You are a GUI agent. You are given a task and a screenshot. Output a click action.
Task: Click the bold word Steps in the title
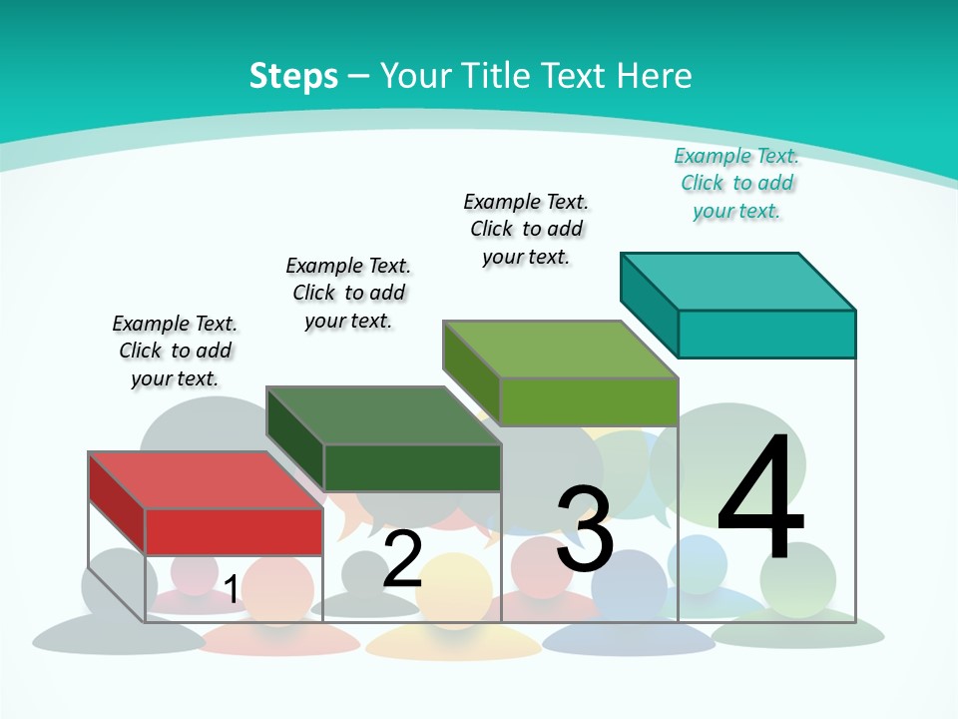[293, 76]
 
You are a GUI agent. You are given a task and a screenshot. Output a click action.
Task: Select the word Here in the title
[654, 76]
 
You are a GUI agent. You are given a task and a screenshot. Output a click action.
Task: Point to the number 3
[585, 529]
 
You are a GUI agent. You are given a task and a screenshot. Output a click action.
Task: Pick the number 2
[403, 559]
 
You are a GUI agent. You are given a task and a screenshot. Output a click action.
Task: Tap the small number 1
[231, 590]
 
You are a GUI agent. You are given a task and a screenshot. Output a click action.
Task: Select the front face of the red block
[234, 531]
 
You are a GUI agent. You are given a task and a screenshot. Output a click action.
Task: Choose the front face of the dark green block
[412, 467]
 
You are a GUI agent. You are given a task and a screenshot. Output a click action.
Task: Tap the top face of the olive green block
[560, 350]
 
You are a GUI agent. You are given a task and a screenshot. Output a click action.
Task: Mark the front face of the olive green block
[589, 401]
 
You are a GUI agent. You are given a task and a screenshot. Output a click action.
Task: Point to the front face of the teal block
[766, 334]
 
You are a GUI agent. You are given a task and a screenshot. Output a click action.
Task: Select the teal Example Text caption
[736, 184]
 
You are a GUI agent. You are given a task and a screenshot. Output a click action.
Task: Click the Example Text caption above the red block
[175, 351]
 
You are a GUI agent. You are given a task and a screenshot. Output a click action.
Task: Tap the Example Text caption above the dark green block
[348, 293]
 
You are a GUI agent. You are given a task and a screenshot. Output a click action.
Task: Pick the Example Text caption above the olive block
[526, 229]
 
